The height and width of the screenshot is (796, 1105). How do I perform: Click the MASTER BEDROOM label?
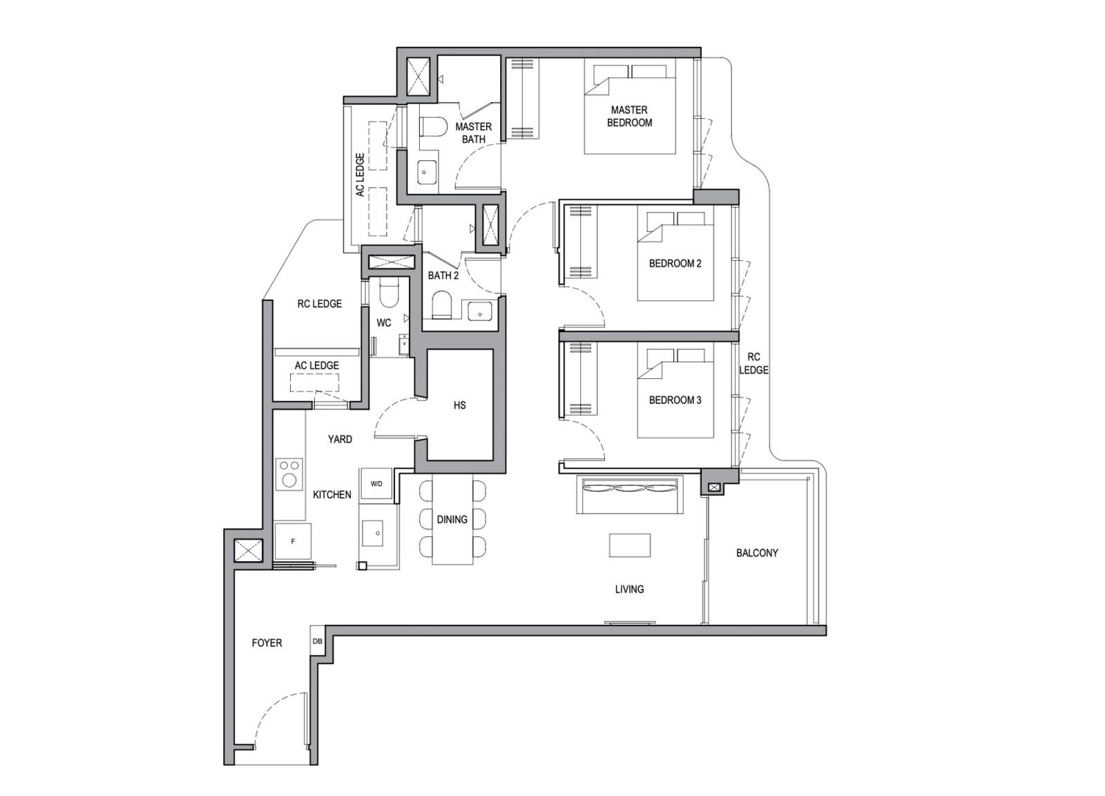pos(629,116)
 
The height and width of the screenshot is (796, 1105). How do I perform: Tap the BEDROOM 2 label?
pos(675,263)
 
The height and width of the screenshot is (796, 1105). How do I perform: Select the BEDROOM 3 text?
pos(675,400)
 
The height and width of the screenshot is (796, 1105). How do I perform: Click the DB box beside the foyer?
pos(317,641)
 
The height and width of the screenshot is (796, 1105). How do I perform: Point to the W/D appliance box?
pos(376,484)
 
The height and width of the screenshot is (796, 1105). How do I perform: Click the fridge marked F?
pos(293,541)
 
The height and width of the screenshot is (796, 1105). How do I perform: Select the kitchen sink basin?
pos(376,532)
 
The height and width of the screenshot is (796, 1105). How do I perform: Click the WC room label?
pos(383,322)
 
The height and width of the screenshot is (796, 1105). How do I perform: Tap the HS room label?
pos(460,405)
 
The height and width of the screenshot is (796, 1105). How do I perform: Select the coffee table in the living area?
pos(629,545)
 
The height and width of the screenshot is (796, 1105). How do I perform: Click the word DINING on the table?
pos(452,519)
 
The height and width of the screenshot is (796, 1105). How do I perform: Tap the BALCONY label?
pos(757,552)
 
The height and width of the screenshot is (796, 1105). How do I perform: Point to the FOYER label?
pos(267,643)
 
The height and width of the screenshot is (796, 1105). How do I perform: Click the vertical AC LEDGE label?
pos(360,175)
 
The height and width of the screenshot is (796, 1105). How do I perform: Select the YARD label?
pos(340,438)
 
